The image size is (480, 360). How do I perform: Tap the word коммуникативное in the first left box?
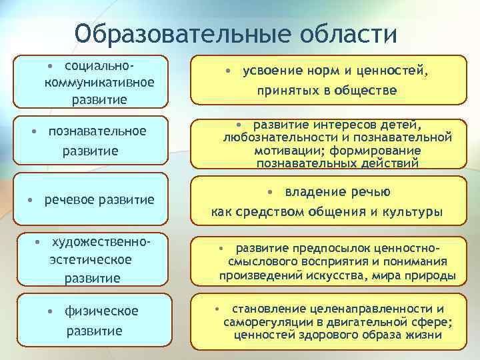pyautogui.click(x=99, y=83)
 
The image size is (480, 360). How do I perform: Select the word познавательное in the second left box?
pyautogui.click(x=97, y=130)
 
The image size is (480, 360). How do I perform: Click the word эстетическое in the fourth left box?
pyautogui.click(x=91, y=259)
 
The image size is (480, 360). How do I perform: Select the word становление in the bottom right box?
pyautogui.click(x=269, y=309)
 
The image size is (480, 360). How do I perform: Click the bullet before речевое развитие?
pyautogui.click(x=30, y=200)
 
